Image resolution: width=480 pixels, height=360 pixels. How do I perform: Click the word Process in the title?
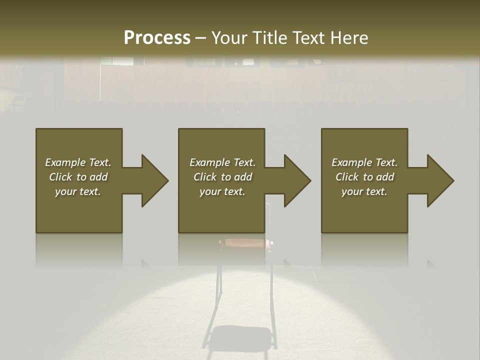pyautogui.click(x=157, y=38)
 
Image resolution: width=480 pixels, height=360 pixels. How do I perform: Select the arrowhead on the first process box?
pyautogui.click(x=152, y=180)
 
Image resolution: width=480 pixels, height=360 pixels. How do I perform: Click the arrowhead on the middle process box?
pyautogui.click(x=295, y=180)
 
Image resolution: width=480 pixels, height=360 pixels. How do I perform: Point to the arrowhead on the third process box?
pyautogui.click(x=438, y=180)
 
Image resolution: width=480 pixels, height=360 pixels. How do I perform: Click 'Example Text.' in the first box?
pyautogui.click(x=78, y=162)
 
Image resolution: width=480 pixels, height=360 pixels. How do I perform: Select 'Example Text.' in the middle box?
pyautogui.click(x=222, y=162)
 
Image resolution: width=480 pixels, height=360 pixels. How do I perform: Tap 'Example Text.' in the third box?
pyautogui.click(x=364, y=162)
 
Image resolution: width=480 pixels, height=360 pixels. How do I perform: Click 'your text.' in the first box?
pyautogui.click(x=78, y=191)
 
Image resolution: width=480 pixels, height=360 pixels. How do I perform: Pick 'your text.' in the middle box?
pyautogui.click(x=222, y=191)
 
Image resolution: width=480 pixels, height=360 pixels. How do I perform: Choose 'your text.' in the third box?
pyautogui.click(x=364, y=191)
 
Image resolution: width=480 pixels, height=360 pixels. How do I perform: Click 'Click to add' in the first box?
pyautogui.click(x=78, y=177)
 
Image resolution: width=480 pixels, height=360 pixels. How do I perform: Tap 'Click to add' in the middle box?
pyautogui.click(x=222, y=177)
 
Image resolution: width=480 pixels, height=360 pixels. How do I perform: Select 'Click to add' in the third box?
pyautogui.click(x=364, y=177)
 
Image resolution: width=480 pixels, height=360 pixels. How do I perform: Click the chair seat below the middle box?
pyautogui.click(x=245, y=243)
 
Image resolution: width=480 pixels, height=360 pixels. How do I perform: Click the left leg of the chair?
pyautogui.click(x=218, y=285)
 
